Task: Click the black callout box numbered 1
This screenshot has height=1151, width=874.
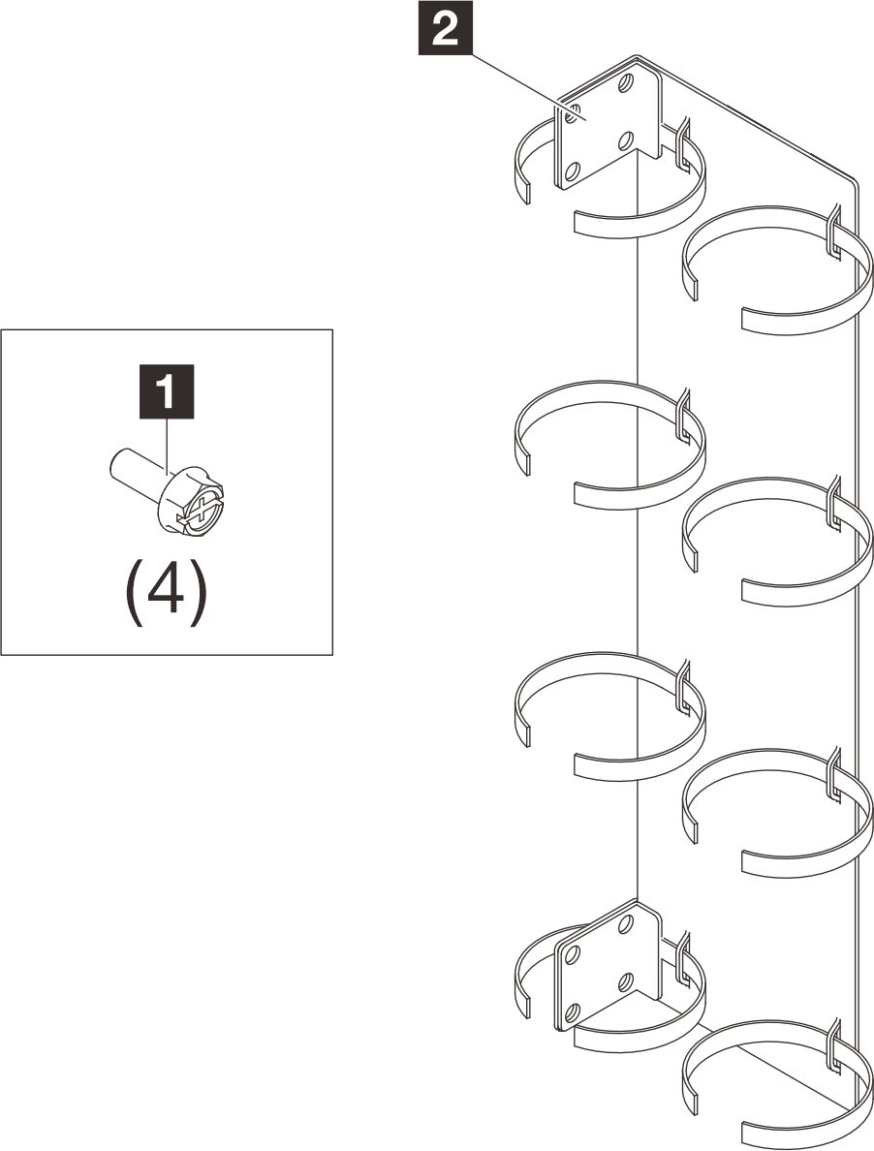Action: point(167,391)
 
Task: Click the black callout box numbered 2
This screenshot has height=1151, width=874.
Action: point(446,30)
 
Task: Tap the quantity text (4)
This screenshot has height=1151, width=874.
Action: point(164,593)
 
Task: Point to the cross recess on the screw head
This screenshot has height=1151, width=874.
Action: point(201,511)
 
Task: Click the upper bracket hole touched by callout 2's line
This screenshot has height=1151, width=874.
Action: point(570,114)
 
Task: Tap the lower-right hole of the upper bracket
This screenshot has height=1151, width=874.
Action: point(625,140)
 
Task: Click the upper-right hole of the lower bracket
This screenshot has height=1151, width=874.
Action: point(625,923)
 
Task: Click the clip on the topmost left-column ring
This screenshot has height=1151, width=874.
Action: point(682,143)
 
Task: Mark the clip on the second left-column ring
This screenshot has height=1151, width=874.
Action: point(682,416)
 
